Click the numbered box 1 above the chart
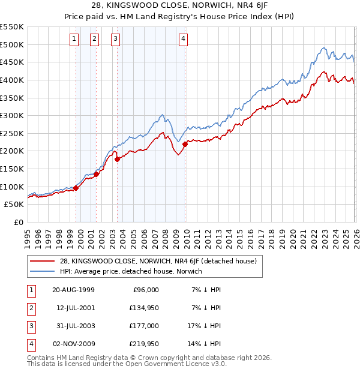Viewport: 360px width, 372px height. pyautogui.click(x=74, y=40)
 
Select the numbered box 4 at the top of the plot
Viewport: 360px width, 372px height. pyautogui.click(x=183, y=40)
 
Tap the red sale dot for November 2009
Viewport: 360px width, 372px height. pyautogui.click(x=185, y=143)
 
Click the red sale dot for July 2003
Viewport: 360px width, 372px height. pyautogui.click(x=118, y=158)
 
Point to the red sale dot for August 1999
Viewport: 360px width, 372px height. pyautogui.click(x=76, y=188)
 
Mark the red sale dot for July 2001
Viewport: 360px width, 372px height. pyautogui.click(x=96, y=174)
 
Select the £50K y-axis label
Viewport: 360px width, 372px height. pyautogui.click(x=14, y=205)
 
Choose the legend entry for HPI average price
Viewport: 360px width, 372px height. pyautogui.click(x=131, y=271)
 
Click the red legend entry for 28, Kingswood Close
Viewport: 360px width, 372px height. pyautogui.click(x=158, y=261)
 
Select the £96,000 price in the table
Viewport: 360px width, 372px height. pyautogui.click(x=145, y=289)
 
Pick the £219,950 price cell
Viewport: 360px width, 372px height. pyautogui.click(x=143, y=344)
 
